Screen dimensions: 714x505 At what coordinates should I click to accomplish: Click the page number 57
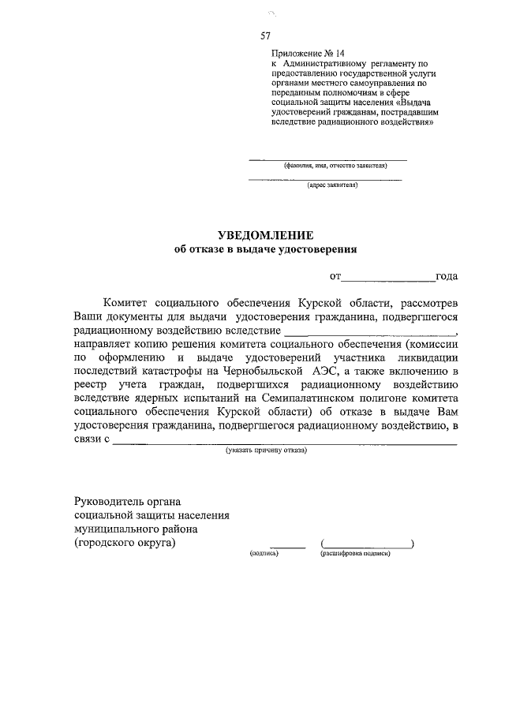(266, 35)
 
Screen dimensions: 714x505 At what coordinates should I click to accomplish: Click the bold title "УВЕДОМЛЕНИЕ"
(265, 235)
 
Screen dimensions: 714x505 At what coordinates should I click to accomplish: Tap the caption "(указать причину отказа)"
(266, 450)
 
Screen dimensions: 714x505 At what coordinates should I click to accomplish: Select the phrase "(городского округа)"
(125, 544)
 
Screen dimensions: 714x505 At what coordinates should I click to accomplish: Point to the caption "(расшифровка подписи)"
(355, 555)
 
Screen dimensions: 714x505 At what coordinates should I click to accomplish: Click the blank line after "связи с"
(284, 443)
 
